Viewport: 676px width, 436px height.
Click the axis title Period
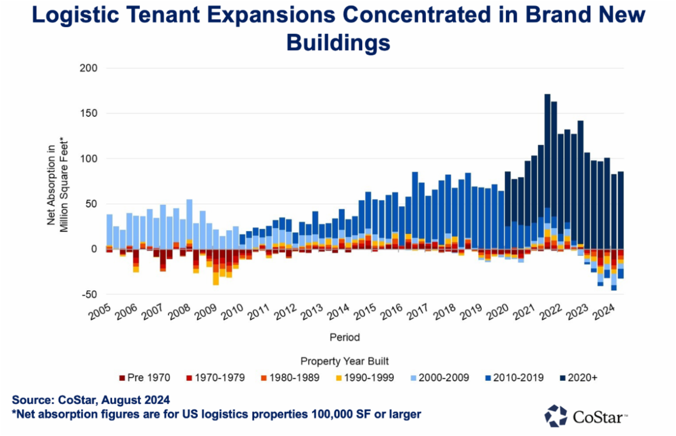(x=345, y=337)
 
